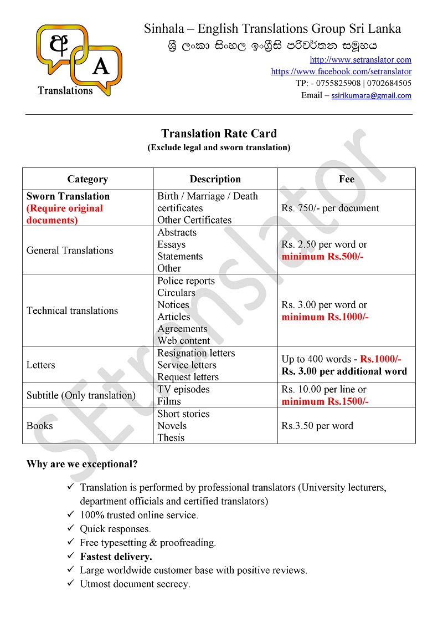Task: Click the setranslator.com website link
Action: click(360, 60)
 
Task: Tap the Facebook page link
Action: click(341, 72)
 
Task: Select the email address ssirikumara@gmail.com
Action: click(371, 95)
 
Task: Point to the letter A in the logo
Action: click(100, 67)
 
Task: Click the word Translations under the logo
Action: click(65, 90)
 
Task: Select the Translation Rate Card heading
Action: click(219, 134)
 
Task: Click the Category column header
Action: click(87, 179)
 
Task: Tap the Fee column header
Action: click(347, 179)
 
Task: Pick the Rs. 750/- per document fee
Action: click(330, 208)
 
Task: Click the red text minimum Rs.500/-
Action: click(322, 257)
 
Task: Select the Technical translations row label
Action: click(72, 310)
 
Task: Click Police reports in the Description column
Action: click(186, 281)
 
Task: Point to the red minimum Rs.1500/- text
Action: click(325, 401)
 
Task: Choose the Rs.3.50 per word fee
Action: click(317, 426)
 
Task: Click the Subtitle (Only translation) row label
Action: click(81, 395)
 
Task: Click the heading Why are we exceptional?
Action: click(82, 465)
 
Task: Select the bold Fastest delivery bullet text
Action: click(116, 557)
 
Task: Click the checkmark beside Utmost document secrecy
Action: click(71, 584)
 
